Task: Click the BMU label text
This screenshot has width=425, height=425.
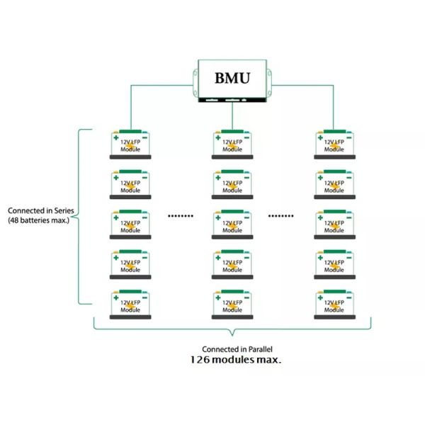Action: click(x=232, y=78)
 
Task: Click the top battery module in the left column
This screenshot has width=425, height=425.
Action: click(x=130, y=144)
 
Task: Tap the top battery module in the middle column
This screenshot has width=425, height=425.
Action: click(x=232, y=144)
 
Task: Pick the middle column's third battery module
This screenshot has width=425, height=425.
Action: click(x=232, y=225)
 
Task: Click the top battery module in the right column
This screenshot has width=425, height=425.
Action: click(x=334, y=144)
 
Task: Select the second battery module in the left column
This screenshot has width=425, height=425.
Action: click(x=130, y=184)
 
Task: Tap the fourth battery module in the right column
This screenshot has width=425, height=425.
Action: click(x=334, y=264)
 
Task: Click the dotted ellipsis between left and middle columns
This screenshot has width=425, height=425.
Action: click(x=180, y=215)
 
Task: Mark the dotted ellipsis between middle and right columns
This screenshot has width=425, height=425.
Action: click(x=283, y=215)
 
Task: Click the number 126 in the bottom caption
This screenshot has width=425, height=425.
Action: click(x=201, y=360)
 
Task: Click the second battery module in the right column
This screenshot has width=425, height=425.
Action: click(x=334, y=184)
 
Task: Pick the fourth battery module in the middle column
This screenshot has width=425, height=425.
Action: click(x=232, y=264)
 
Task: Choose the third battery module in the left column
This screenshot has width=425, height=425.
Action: click(x=130, y=225)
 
